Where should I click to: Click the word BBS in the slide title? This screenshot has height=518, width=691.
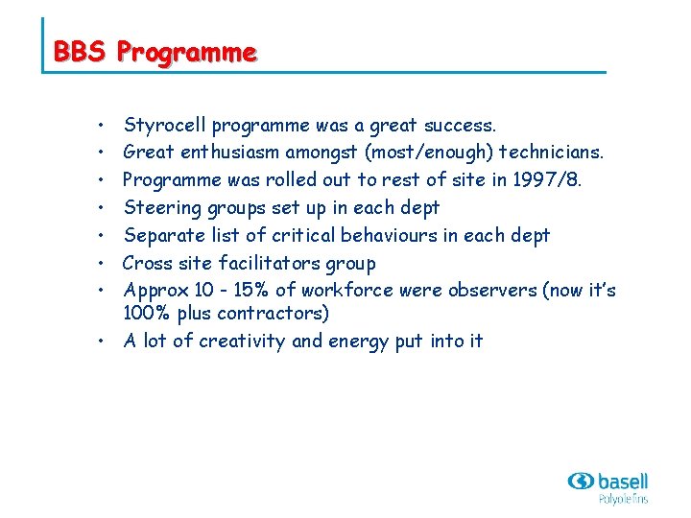(80, 51)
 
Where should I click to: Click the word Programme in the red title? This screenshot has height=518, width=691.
(186, 52)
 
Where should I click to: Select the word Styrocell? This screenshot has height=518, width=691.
(165, 126)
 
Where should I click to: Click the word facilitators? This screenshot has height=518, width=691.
(273, 263)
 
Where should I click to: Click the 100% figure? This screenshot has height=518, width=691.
(145, 313)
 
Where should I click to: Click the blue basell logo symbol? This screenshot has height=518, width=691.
(581, 480)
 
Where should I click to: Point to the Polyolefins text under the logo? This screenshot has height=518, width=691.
(623, 499)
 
